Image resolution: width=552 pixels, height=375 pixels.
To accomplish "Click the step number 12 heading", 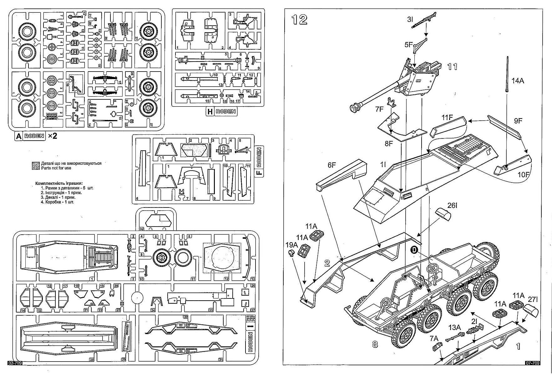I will click(x=299, y=20).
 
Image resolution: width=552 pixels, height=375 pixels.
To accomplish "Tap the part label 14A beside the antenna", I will click(x=518, y=81).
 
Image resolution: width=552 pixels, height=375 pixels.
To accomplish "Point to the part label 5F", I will click(x=409, y=45).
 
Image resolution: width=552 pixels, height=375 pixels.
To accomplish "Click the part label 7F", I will click(x=379, y=109).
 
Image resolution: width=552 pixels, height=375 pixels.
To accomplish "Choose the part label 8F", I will click(x=389, y=144).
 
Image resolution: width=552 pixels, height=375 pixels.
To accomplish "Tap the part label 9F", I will click(x=518, y=121).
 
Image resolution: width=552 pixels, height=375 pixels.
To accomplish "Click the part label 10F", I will click(x=523, y=175).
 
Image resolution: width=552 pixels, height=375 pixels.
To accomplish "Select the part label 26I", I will click(x=452, y=205).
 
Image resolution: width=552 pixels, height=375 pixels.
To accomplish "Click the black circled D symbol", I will click(x=414, y=249).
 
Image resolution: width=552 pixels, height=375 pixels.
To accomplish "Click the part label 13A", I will click(x=454, y=327).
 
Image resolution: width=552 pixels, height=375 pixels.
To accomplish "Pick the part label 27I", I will click(x=533, y=299).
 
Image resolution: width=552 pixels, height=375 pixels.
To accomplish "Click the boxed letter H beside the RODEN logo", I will click(x=210, y=112).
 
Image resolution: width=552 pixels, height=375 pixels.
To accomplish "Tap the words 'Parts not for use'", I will click(x=56, y=168).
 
